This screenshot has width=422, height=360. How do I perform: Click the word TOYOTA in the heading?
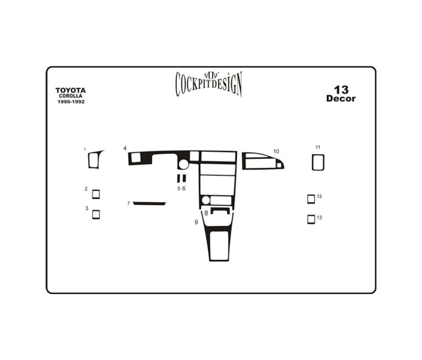click(x=71, y=90)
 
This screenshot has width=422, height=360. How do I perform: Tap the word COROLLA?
click(x=71, y=96)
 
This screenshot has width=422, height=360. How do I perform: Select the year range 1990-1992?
click(x=71, y=102)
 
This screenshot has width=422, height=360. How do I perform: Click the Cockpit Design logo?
click(x=209, y=84)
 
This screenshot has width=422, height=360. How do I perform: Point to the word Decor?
click(x=341, y=99)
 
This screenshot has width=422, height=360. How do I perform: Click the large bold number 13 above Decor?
click(x=341, y=90)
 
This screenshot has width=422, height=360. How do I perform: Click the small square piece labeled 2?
click(x=96, y=194)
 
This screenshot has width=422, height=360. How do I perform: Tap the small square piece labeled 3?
click(x=96, y=215)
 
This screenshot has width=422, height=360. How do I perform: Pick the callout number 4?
click(x=125, y=148)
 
